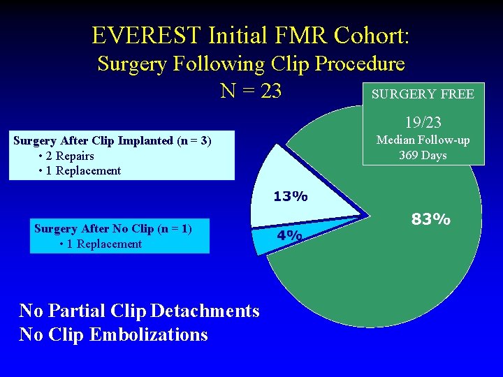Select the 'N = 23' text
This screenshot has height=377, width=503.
tap(251, 91)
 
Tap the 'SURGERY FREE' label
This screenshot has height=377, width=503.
tap(423, 94)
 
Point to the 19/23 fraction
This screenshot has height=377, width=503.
tap(423, 123)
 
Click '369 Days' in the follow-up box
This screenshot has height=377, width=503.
tap(423, 155)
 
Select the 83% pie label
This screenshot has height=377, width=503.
tap(430, 219)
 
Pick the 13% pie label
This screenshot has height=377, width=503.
tap(290, 197)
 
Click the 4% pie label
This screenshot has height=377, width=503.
tap(289, 235)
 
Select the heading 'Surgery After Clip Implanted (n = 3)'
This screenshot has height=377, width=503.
tap(112, 140)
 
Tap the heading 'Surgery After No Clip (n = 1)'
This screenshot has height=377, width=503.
tap(112, 228)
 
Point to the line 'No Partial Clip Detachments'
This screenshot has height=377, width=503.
tap(139, 311)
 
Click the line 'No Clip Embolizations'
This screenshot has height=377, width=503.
tap(113, 334)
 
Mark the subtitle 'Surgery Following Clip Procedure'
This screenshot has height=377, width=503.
tap(251, 64)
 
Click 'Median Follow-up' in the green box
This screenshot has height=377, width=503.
tap(423, 140)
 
